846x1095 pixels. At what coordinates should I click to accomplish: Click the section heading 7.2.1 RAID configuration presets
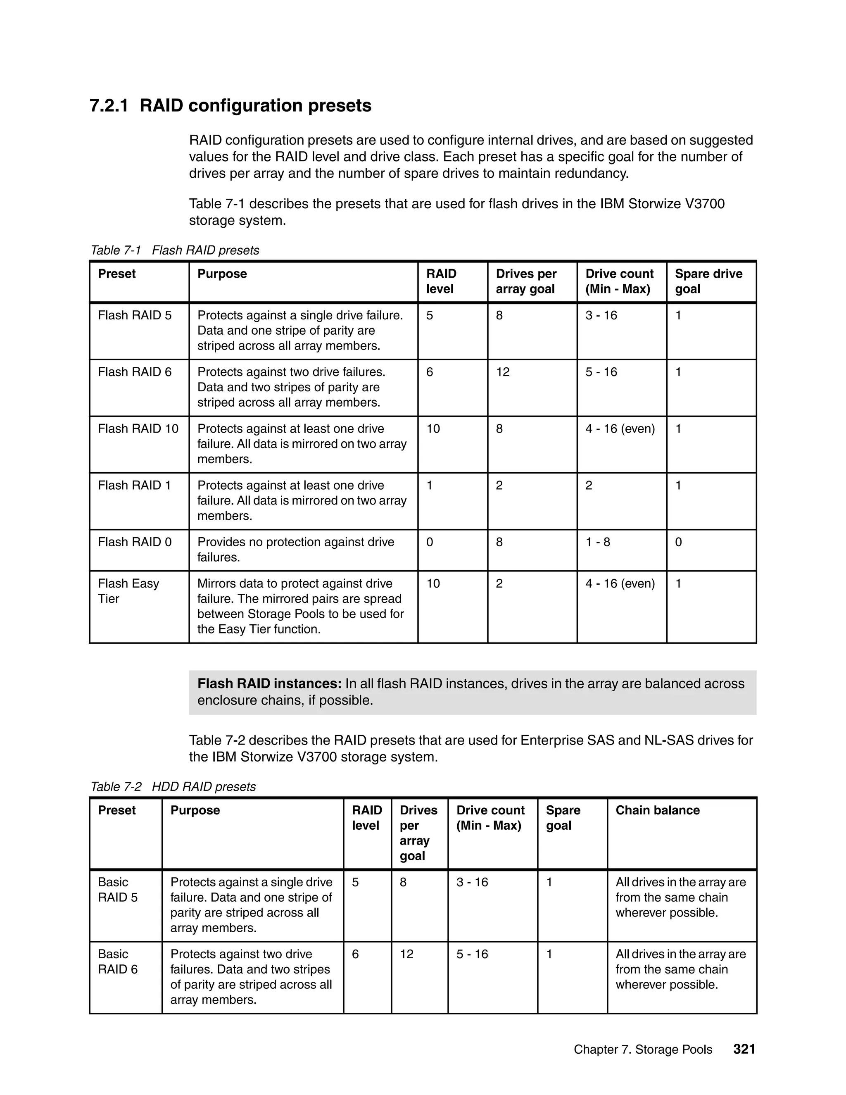(x=230, y=106)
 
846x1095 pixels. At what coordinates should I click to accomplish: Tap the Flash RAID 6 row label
(x=134, y=372)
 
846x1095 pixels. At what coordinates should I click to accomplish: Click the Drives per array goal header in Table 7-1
(x=526, y=281)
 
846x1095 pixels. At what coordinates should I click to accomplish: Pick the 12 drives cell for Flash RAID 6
(x=503, y=372)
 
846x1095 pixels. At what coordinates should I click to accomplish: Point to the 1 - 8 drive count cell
(x=597, y=542)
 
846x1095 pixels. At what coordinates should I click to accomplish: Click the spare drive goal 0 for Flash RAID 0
(x=678, y=542)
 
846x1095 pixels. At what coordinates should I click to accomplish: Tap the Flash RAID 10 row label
(x=138, y=428)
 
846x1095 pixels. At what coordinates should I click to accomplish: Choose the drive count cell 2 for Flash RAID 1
(x=589, y=486)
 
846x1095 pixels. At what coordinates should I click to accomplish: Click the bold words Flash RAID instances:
(x=269, y=683)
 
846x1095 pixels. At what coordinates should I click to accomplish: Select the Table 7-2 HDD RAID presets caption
(x=173, y=787)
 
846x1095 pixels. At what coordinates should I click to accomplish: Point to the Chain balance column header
(x=657, y=810)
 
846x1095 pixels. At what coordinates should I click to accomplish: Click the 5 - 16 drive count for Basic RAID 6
(x=472, y=954)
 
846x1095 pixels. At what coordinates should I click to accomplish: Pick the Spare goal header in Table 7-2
(x=563, y=818)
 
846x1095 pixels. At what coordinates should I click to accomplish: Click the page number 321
(x=744, y=1050)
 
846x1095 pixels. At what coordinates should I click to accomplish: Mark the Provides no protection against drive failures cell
(x=295, y=550)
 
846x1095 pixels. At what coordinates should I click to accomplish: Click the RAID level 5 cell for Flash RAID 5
(x=430, y=315)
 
